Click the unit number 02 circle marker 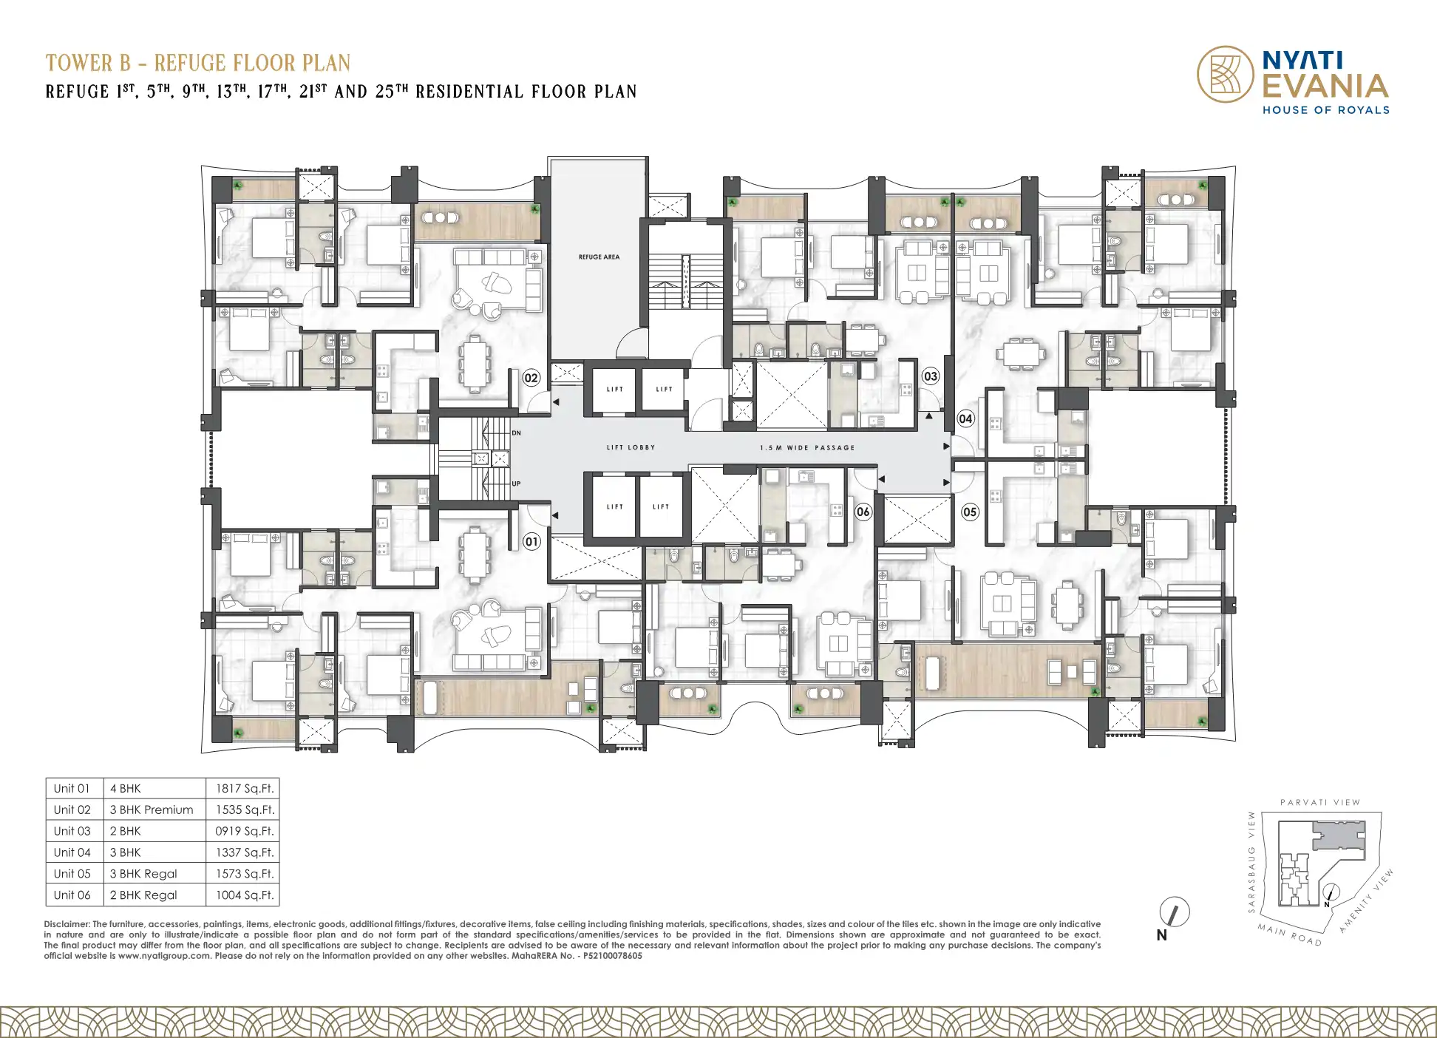[531, 378]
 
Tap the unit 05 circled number [970, 512]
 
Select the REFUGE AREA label [599, 257]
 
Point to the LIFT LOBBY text [631, 447]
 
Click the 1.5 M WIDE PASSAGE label [807, 447]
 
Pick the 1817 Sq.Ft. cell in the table [245, 789]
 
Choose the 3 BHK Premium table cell [152, 810]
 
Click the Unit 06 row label [72, 895]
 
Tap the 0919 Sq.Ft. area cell [245, 831]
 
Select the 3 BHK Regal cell [143, 873]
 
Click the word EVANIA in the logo [1325, 86]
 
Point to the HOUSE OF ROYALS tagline [1326, 110]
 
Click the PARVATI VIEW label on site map [1320, 802]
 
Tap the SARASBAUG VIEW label [1251, 862]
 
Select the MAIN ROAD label [1290, 934]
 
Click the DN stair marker [516, 433]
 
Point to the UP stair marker [516, 484]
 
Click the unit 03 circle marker [931, 376]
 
